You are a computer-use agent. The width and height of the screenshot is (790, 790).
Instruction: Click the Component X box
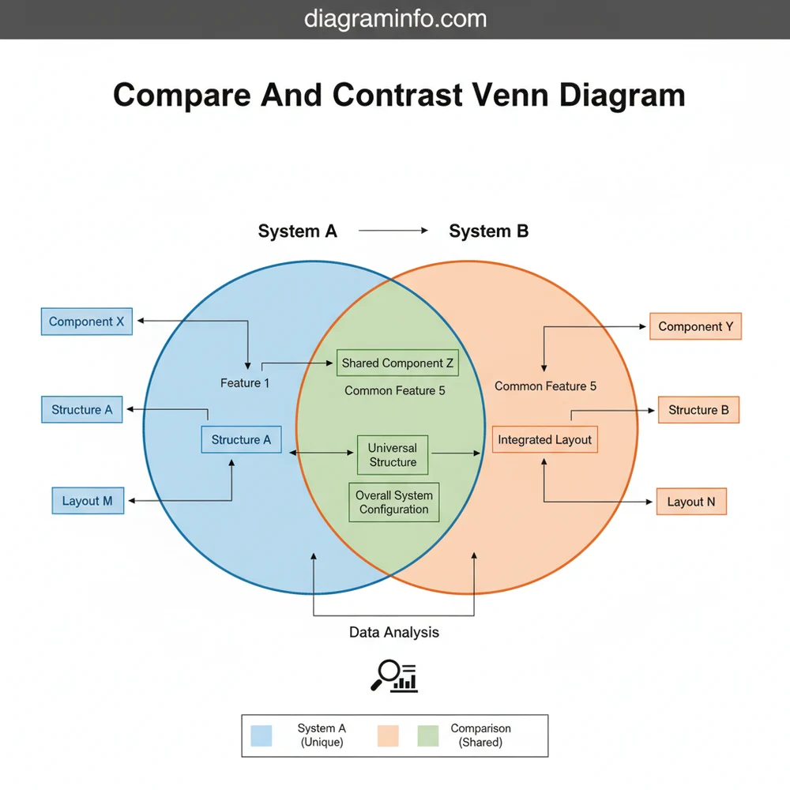[87, 322]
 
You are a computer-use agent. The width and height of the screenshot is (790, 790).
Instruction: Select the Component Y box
[695, 326]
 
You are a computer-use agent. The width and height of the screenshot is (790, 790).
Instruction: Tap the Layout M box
[88, 501]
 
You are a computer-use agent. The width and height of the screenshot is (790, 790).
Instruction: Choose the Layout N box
[690, 502]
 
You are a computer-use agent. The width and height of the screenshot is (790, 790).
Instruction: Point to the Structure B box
[698, 410]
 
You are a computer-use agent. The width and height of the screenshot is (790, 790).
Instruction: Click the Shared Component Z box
[397, 363]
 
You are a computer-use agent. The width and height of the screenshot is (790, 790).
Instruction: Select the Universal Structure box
[393, 455]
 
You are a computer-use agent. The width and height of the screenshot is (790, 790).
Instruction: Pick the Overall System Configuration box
[393, 502]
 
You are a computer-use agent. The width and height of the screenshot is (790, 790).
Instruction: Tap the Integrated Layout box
[544, 440]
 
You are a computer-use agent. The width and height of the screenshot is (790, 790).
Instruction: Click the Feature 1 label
[245, 383]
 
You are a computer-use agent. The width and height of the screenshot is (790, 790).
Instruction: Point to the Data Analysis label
[394, 632]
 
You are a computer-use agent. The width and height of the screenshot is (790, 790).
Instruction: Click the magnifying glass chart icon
[393, 675]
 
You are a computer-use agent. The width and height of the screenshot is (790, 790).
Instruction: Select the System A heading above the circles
[297, 231]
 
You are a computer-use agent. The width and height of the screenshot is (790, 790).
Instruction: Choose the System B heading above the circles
[489, 231]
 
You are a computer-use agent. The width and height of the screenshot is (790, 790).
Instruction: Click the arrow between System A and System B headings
[393, 231]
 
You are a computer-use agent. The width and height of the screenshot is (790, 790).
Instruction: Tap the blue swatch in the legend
[261, 735]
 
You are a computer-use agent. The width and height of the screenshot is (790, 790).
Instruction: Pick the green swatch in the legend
[427, 735]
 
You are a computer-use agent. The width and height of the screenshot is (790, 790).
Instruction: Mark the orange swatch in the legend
[388, 735]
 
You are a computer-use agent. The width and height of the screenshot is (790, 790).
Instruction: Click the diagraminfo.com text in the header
[395, 19]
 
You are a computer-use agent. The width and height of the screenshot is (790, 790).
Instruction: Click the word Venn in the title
[511, 95]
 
